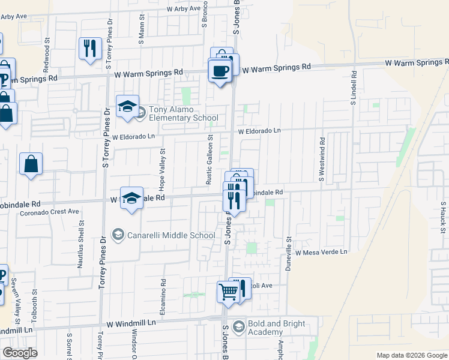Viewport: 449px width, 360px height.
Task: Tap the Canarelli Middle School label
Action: [x=170, y=235]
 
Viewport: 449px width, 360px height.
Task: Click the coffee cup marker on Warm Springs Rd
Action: [x=220, y=71]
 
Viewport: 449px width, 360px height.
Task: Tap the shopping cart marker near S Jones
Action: [x=228, y=292]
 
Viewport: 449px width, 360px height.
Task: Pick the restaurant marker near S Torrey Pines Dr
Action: [x=90, y=49]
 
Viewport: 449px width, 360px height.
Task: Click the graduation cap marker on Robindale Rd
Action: [x=131, y=198]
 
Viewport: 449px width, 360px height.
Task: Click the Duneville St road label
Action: [x=289, y=249]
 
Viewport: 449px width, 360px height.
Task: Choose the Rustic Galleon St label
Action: [x=209, y=159]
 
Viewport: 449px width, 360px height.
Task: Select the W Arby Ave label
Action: [x=184, y=8]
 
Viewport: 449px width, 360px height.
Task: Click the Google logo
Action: [x=20, y=353]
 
